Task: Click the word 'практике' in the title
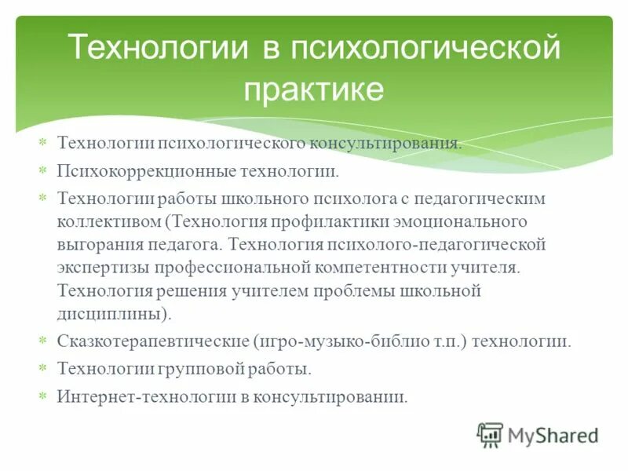tap(313, 89)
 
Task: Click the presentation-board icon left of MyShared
tap(490, 434)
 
